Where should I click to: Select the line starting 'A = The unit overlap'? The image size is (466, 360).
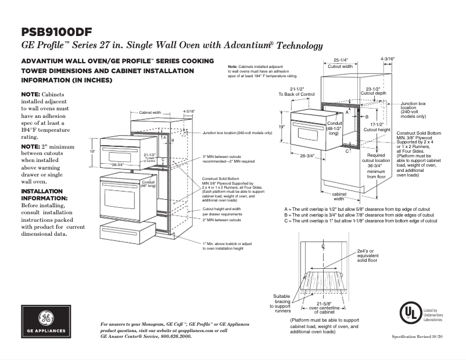(360, 208)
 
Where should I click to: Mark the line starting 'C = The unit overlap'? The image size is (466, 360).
(360, 221)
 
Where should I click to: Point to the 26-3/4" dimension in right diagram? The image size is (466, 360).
(307, 156)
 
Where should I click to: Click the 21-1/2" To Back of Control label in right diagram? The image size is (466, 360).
(296, 91)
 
